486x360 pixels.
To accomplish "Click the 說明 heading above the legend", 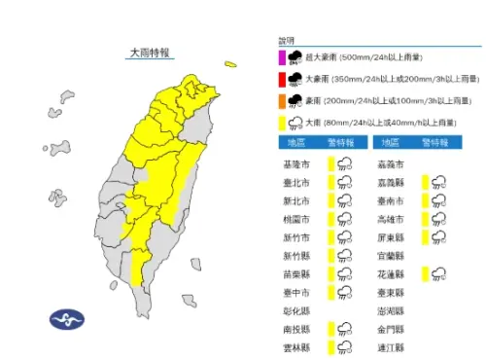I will (285, 42).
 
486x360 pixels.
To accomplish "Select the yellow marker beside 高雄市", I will (425, 219).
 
